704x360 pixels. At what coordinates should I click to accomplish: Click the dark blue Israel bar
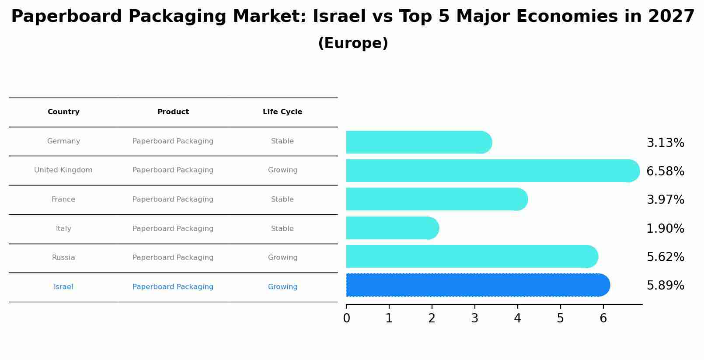point(477,285)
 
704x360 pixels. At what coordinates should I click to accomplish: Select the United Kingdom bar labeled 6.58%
point(492,171)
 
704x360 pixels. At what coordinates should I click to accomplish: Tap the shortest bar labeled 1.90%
point(391,228)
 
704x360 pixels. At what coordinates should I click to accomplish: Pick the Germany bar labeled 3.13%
point(418,142)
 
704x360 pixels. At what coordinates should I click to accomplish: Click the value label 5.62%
point(665,257)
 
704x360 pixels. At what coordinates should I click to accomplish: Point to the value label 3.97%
point(665,200)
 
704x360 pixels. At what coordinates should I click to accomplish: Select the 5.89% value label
point(665,286)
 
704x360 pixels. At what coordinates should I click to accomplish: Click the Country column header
point(63,112)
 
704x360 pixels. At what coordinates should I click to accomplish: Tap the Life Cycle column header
point(282,112)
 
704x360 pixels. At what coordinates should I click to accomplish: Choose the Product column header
point(173,112)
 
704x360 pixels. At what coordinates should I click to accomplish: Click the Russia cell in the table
point(63,258)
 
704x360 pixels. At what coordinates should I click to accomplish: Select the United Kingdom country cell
point(63,170)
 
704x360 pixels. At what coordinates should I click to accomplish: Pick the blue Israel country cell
point(63,287)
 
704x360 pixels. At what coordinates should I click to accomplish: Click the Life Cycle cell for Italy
point(282,229)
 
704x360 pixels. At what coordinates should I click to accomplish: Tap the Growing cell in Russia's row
point(282,258)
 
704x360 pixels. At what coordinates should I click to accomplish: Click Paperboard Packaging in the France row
point(173,199)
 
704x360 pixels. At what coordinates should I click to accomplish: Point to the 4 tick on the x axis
point(517,318)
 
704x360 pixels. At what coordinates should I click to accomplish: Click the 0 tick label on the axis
point(346,318)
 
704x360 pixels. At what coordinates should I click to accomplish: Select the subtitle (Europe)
point(353,43)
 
